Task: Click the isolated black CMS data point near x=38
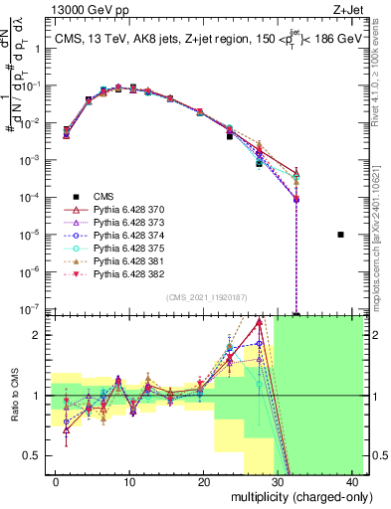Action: pos(340,235)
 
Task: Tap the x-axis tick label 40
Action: pos(353,481)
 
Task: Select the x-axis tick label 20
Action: pos(204,481)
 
